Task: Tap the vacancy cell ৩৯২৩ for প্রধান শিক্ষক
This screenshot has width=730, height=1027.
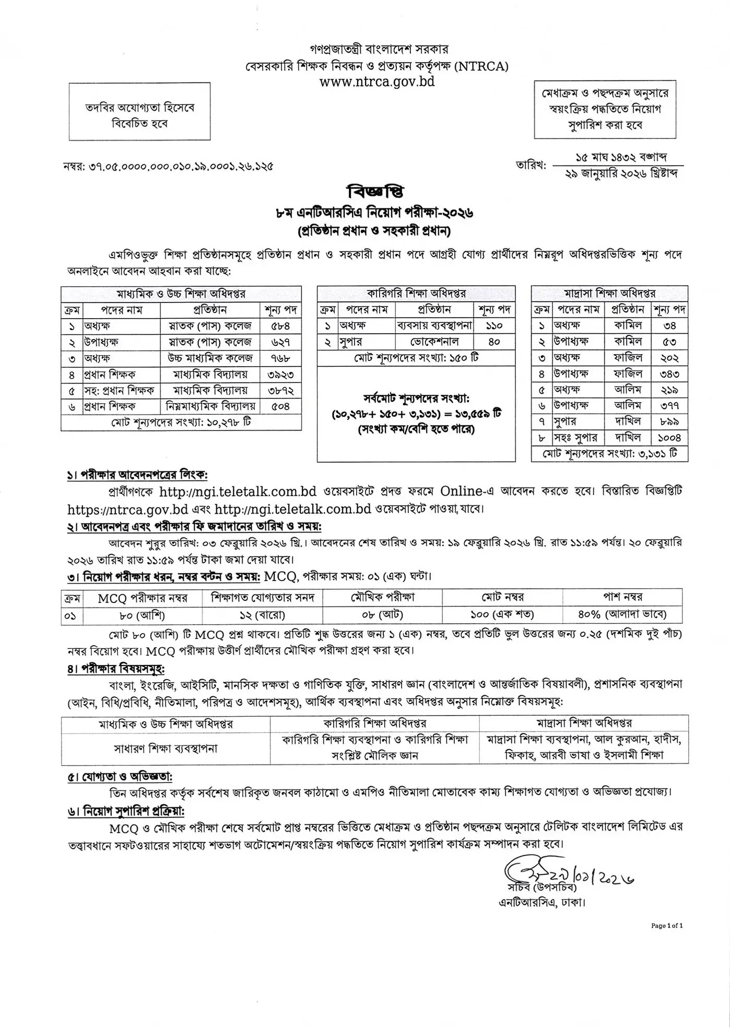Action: click(280, 374)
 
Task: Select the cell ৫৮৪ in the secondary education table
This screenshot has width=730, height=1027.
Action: click(280, 326)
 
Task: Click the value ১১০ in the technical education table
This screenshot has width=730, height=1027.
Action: click(494, 326)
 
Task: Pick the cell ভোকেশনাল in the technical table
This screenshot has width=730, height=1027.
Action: click(434, 342)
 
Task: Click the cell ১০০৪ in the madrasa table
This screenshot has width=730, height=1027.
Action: click(670, 438)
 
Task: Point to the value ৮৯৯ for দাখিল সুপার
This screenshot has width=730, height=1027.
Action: click(670, 422)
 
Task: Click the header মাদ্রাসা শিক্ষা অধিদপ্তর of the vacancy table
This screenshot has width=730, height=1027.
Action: click(610, 294)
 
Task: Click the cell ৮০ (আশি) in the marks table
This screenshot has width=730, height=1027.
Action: click(143, 615)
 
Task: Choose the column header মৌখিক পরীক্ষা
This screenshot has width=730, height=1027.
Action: click(382, 597)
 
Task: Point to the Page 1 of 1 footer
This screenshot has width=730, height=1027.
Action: click(667, 925)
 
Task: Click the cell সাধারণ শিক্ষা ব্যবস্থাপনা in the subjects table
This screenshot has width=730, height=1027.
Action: click(166, 748)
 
